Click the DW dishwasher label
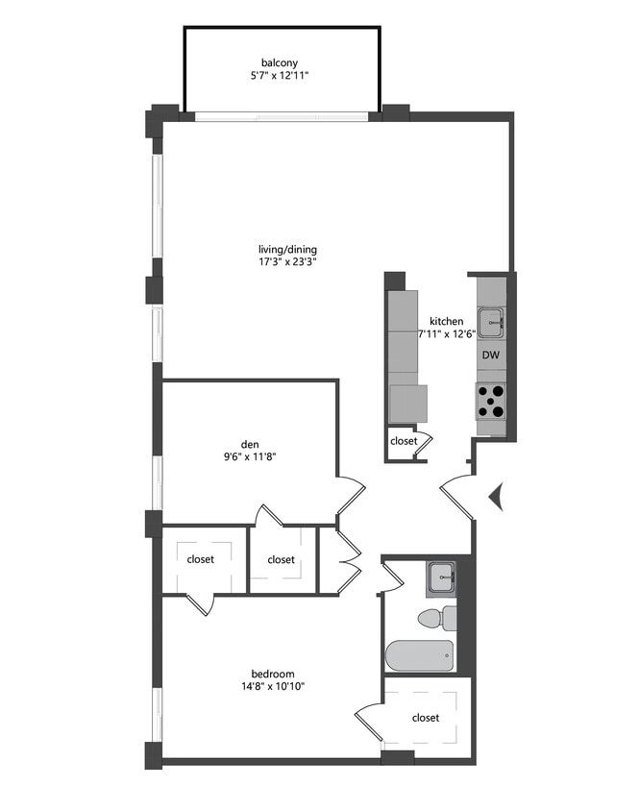(x=491, y=355)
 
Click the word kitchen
(x=447, y=321)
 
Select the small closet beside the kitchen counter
(x=404, y=442)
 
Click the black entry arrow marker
(x=496, y=497)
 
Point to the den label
(x=250, y=444)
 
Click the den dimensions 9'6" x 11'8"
(x=250, y=457)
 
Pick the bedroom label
(x=273, y=674)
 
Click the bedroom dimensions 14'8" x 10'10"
(x=273, y=687)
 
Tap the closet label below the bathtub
(x=426, y=718)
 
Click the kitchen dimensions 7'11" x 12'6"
(x=447, y=334)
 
